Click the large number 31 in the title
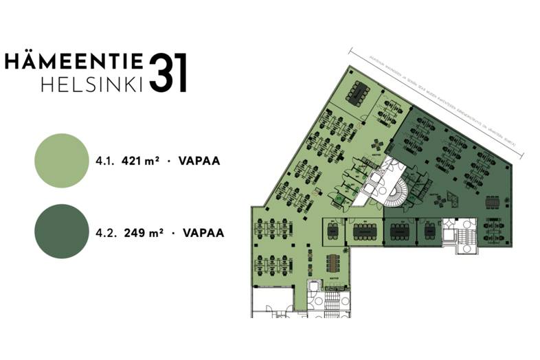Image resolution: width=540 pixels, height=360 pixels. pyautogui.click(x=168, y=72)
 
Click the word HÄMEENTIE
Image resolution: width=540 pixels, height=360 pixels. pyautogui.click(x=74, y=61)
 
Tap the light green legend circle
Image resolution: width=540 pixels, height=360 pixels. pyautogui.click(x=61, y=161)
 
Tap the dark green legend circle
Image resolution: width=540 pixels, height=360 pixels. pyautogui.click(x=61, y=232)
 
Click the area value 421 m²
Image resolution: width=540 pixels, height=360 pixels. pyautogui.click(x=140, y=161)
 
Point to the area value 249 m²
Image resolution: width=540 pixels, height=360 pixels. pyautogui.click(x=143, y=232)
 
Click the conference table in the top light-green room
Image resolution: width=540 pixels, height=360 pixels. pyautogui.click(x=358, y=91)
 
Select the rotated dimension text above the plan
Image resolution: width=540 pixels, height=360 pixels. pyautogui.click(x=436, y=100)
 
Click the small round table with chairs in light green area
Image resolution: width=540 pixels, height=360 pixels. pyautogui.click(x=377, y=142)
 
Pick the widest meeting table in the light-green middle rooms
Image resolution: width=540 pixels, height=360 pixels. pyautogui.click(x=364, y=231)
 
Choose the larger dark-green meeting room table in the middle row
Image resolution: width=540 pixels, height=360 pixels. pyautogui.click(x=401, y=232)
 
